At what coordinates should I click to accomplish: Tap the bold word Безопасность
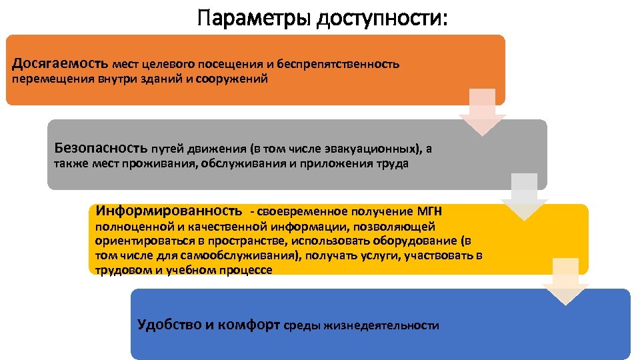pyautogui.click(x=101, y=148)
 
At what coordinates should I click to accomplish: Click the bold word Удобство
pyautogui.click(x=169, y=325)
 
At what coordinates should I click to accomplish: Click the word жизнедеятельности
pyautogui.click(x=382, y=326)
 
